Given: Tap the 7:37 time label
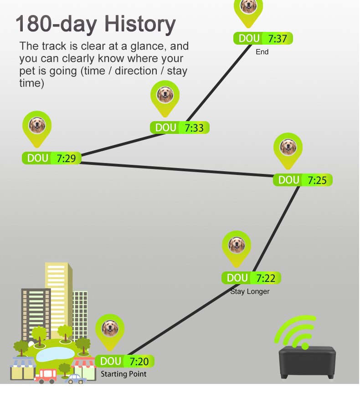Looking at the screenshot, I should pyautogui.click(x=278, y=39).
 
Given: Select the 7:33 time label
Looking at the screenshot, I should pyautogui.click(x=194, y=128).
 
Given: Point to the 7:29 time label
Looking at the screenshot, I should pyautogui.click(x=66, y=158).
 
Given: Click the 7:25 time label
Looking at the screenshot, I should pyautogui.click(x=317, y=180).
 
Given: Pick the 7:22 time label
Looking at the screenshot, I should pyautogui.click(x=266, y=278).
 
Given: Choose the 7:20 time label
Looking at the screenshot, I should pyautogui.click(x=139, y=362).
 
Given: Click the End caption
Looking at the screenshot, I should pyautogui.click(x=262, y=52).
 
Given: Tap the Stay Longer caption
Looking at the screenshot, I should pyautogui.click(x=250, y=291).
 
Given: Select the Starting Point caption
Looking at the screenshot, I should pyautogui.click(x=123, y=374).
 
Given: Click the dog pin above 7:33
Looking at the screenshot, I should pyautogui.click(x=165, y=95).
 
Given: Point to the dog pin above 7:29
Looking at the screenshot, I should pyautogui.click(x=37, y=125).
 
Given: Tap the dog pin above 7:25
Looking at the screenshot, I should pyautogui.click(x=288, y=147).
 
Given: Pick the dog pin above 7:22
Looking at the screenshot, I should pyautogui.click(x=237, y=245).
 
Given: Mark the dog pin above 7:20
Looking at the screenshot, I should pyautogui.click(x=110, y=328).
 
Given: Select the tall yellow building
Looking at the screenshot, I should pyautogui.click(x=58, y=291).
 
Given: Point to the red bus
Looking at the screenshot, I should pyautogui.click(x=46, y=375).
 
